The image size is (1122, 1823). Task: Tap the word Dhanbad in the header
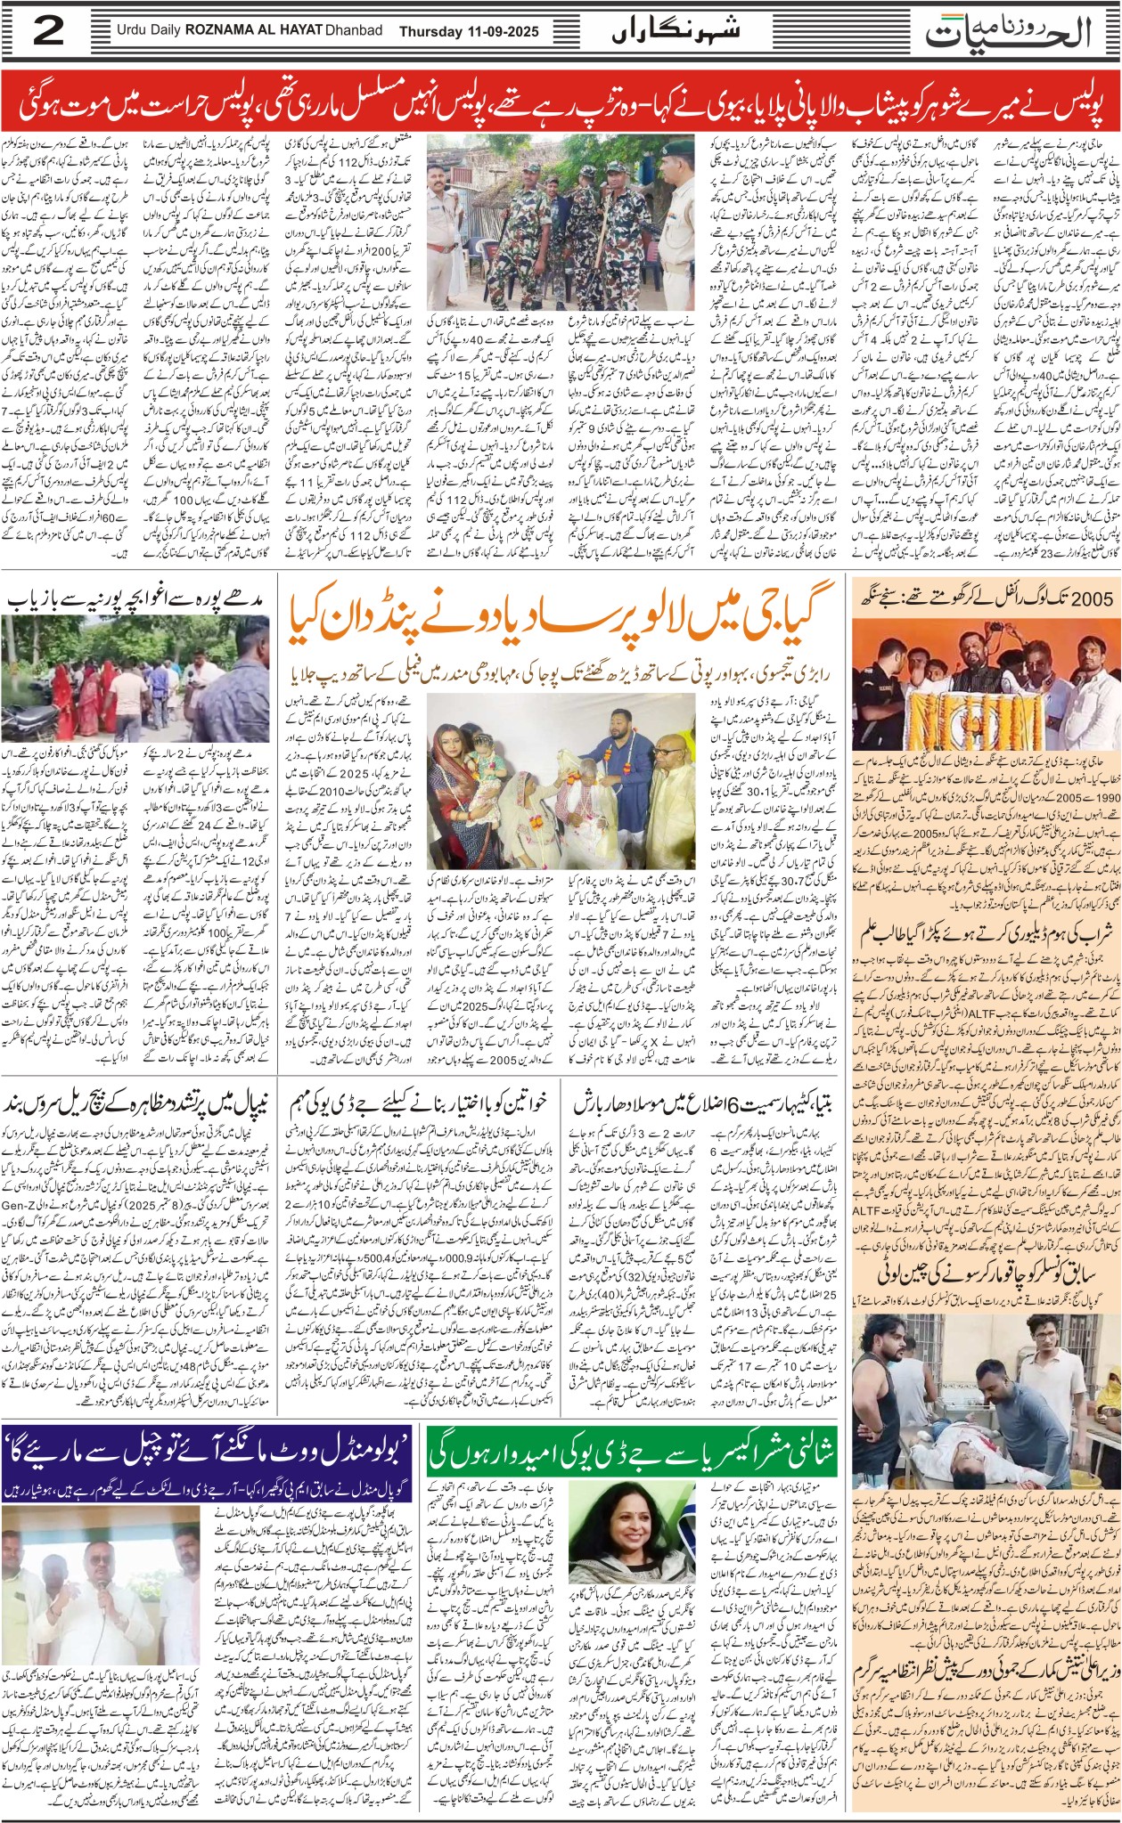(353, 31)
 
